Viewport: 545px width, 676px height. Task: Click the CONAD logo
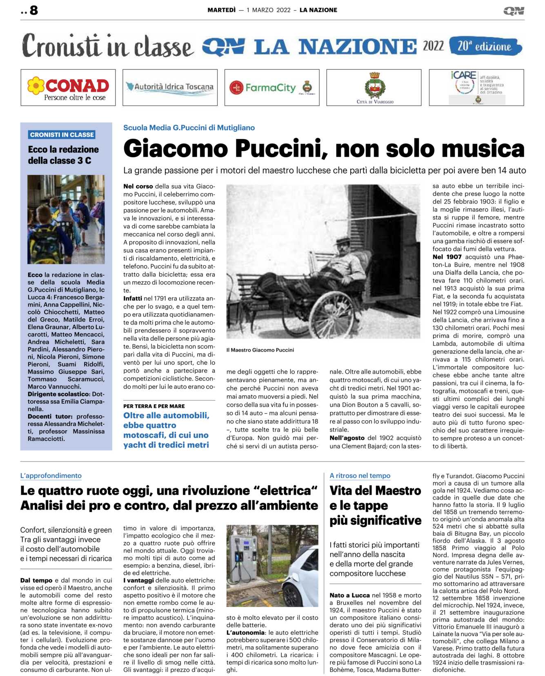point(68,88)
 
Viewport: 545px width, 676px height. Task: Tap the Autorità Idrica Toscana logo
point(170,87)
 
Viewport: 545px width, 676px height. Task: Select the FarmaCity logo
point(270,87)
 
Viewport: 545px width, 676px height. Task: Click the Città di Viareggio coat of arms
point(374,85)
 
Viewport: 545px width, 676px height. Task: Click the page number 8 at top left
point(34,10)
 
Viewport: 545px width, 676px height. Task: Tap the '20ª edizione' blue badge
point(485,47)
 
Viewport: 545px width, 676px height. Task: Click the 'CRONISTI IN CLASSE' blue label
point(62,135)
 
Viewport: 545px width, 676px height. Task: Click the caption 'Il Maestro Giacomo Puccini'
point(260,350)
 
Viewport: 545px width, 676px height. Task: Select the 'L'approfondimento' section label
point(51,476)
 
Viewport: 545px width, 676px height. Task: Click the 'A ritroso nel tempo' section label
point(360,476)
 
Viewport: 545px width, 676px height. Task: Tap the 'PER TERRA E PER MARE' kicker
point(154,406)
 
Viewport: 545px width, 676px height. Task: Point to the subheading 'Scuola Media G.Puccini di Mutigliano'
point(189,128)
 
